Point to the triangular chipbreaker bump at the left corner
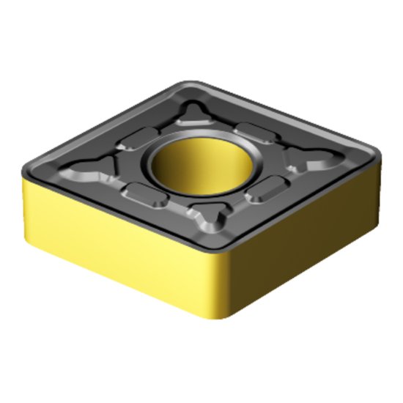tap(95, 172)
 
